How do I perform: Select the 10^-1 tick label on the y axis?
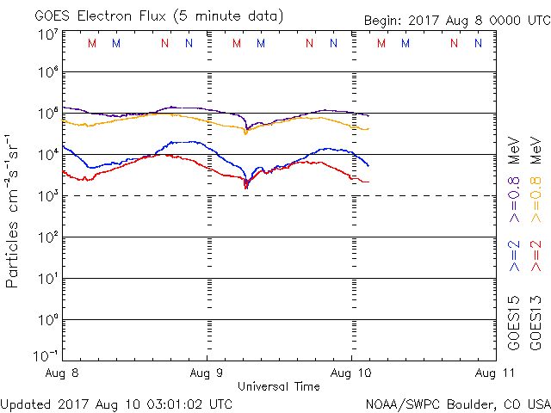pyautogui.click(x=46, y=355)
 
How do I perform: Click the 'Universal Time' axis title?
pyautogui.click(x=278, y=386)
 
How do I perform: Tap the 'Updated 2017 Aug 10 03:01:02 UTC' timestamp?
pyautogui.click(x=116, y=403)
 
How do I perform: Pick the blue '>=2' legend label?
pyautogui.click(x=514, y=256)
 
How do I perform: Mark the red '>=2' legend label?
pyautogui.click(x=536, y=256)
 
